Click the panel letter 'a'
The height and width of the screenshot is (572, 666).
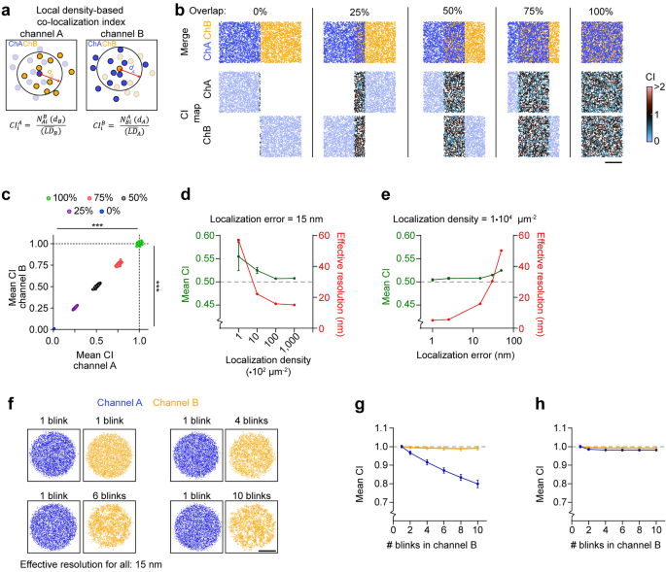click(x=8, y=9)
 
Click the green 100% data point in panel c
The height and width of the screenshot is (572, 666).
click(x=139, y=243)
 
